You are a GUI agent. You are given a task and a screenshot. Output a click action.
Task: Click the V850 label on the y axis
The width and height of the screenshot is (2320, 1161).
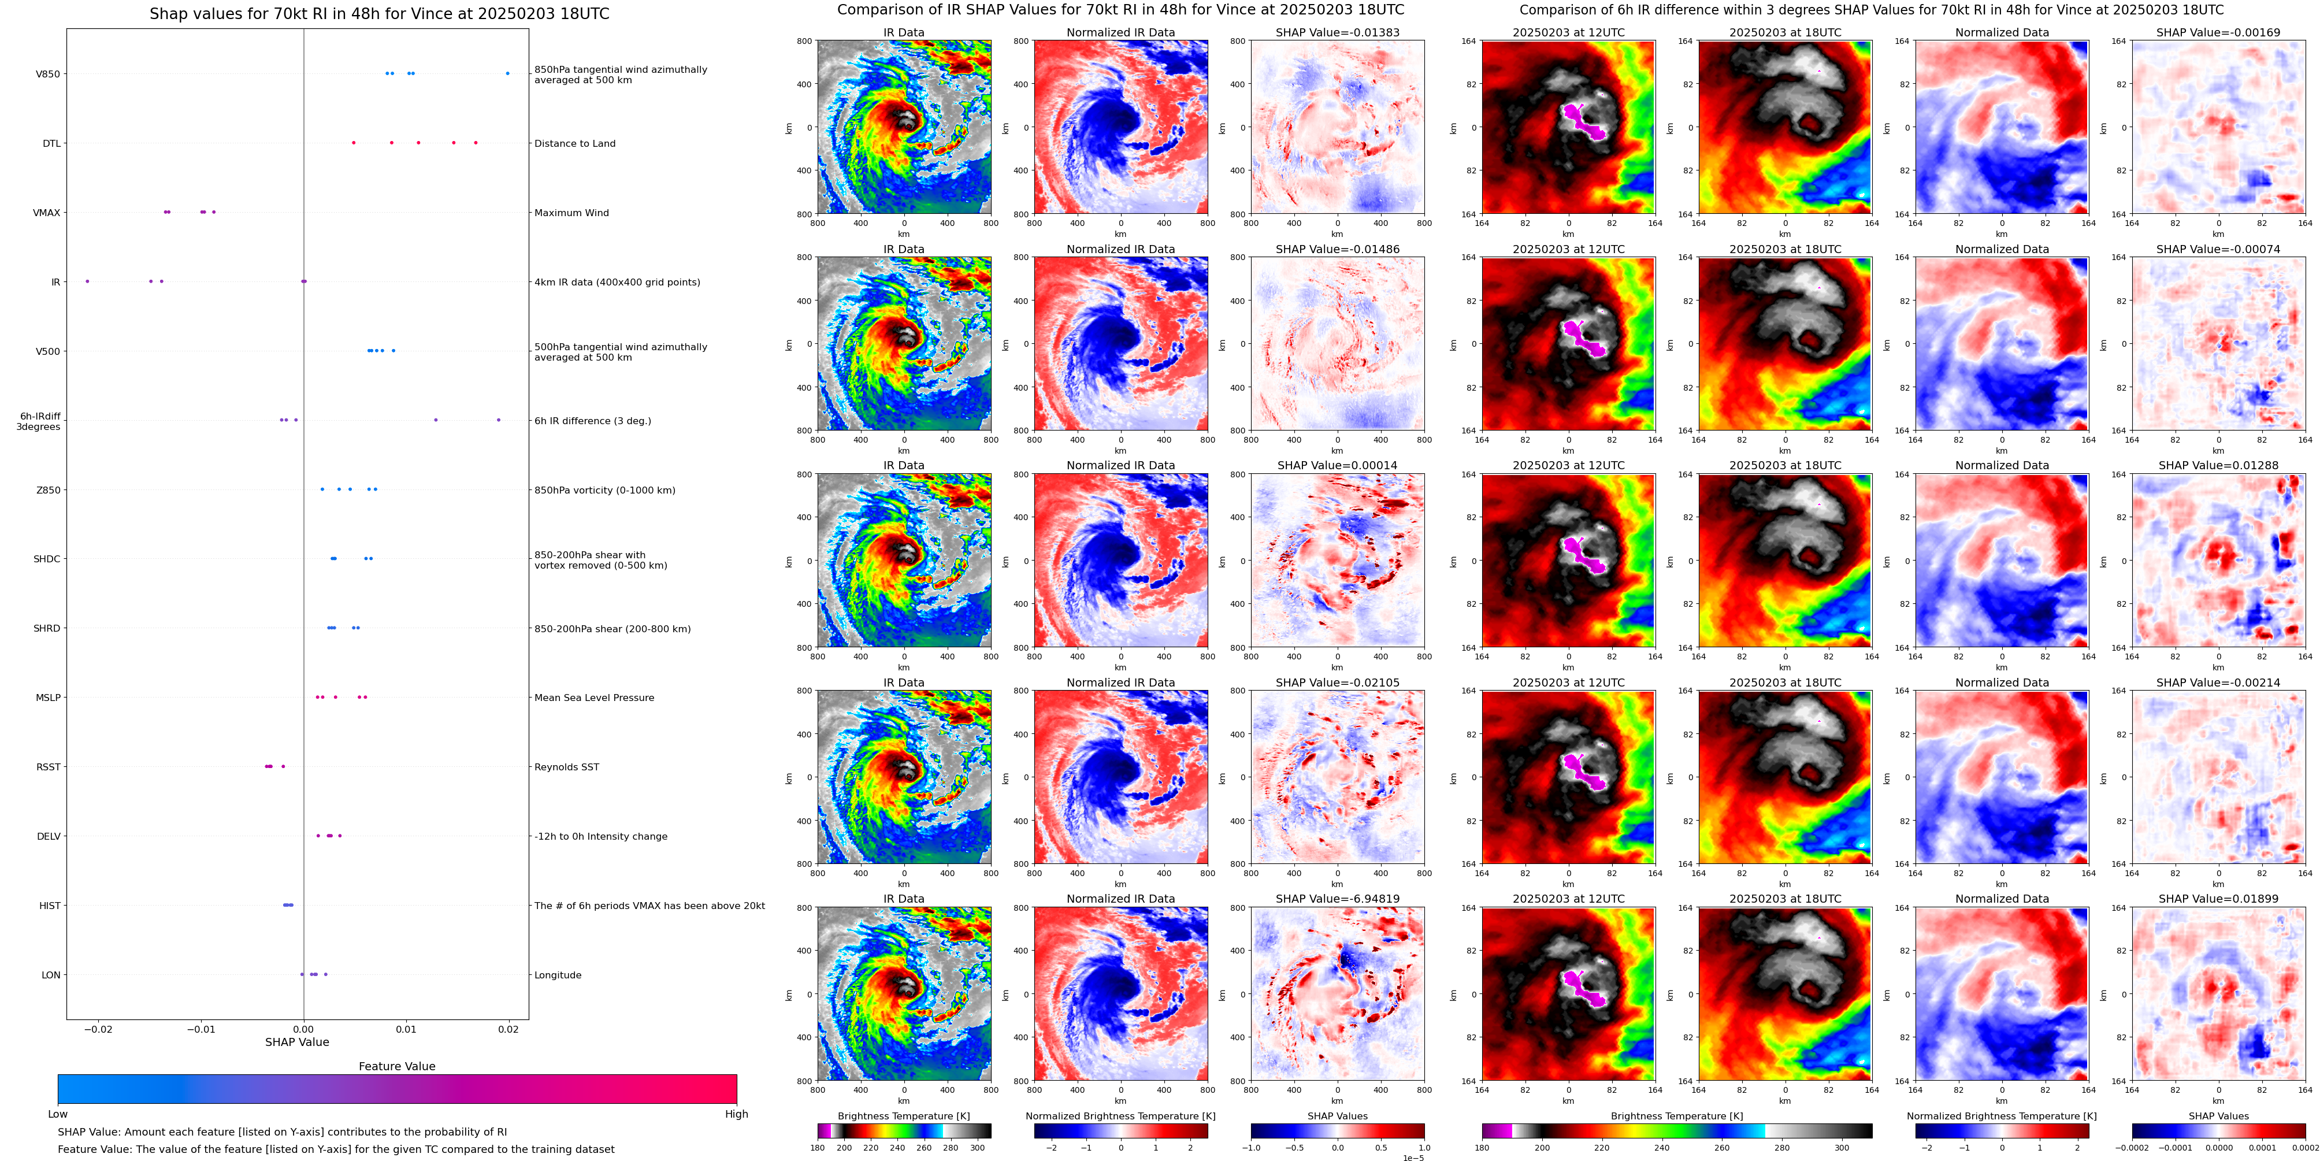point(48,74)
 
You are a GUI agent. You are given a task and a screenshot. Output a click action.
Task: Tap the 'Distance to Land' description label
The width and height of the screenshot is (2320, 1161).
point(574,143)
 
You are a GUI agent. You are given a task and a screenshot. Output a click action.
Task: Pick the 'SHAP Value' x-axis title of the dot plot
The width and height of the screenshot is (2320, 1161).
point(296,1042)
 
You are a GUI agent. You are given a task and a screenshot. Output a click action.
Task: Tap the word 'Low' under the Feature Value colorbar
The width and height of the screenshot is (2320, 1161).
point(58,1114)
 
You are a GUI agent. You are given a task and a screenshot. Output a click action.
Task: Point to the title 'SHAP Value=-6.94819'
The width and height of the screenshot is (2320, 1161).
point(1338,899)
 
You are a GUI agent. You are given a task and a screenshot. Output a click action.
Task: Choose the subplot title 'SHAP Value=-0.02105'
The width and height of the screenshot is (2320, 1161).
point(1338,682)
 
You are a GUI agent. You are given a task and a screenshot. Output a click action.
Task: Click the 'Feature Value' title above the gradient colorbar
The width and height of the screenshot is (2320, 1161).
point(396,1066)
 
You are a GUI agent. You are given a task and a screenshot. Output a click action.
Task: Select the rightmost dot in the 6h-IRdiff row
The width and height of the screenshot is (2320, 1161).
point(498,420)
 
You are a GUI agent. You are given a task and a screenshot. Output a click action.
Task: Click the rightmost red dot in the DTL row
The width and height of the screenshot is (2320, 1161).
point(476,142)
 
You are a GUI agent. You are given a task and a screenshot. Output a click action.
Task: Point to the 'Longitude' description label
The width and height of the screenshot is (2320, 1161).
point(558,975)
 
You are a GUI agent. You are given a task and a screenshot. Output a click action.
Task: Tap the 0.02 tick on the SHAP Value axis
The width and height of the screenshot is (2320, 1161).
point(509,1029)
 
